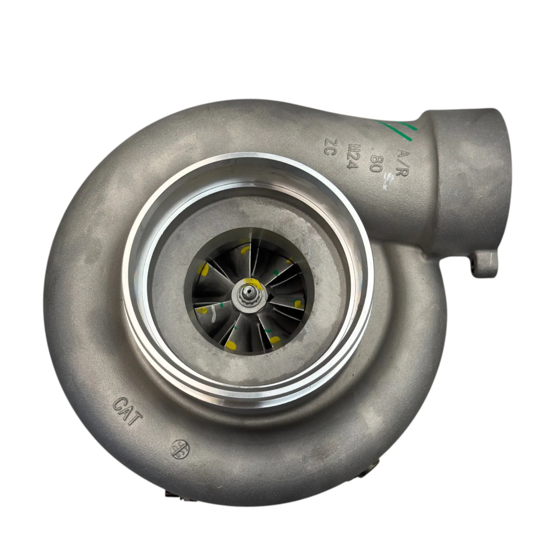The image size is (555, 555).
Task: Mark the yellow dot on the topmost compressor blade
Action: coord(246,249)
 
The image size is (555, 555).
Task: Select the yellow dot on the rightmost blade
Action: coord(298,303)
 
